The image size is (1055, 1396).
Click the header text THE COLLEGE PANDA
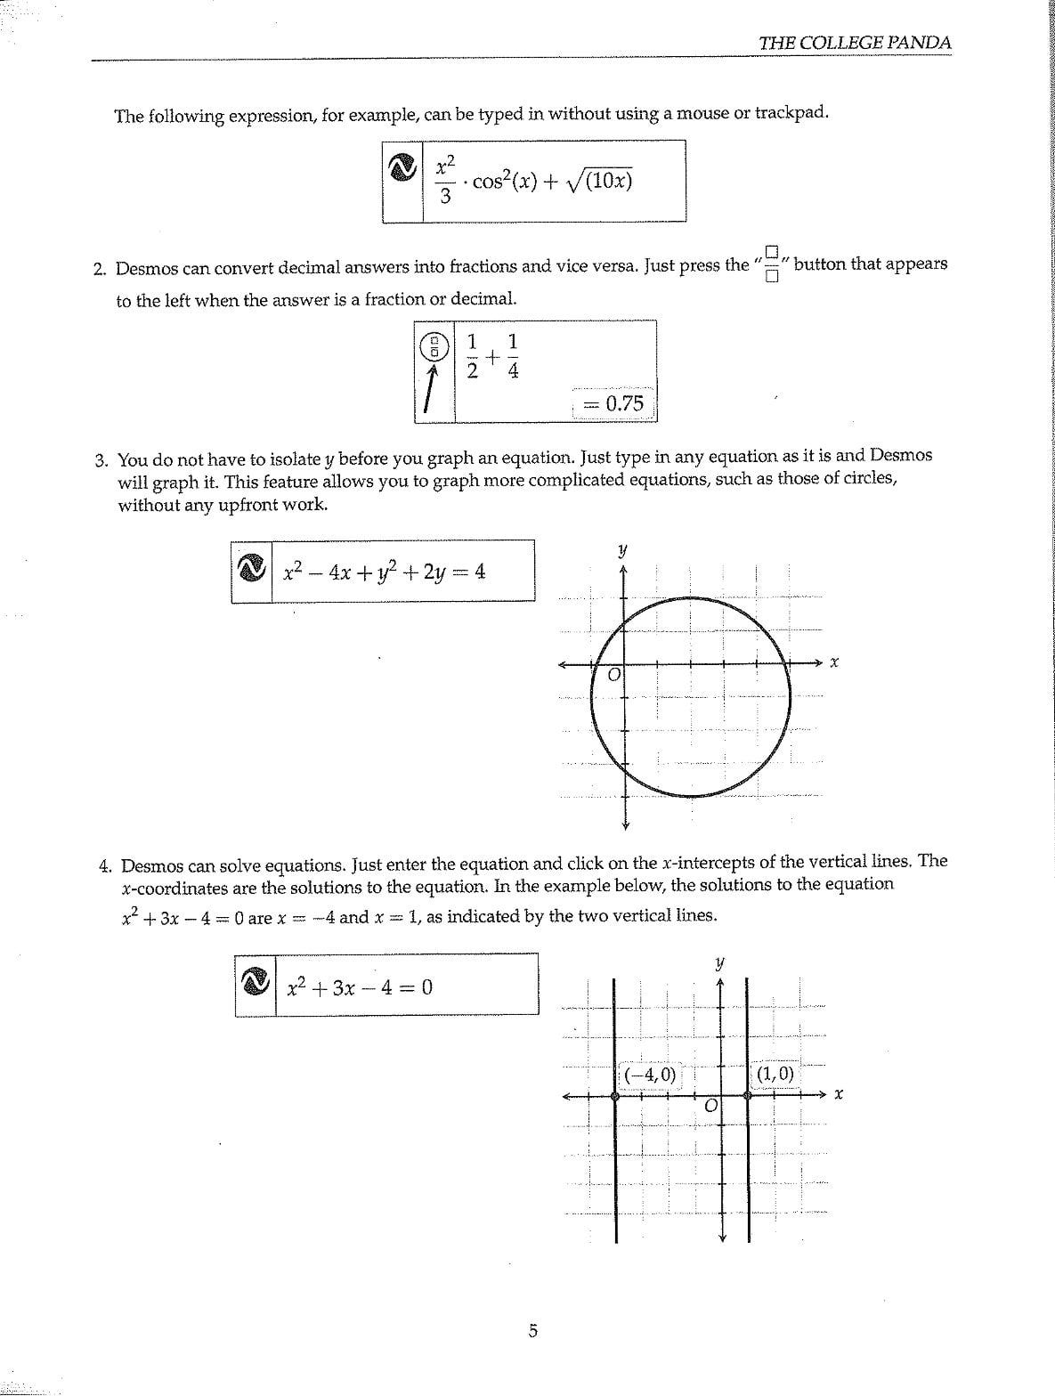(x=855, y=42)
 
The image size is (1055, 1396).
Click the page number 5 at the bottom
(x=532, y=1331)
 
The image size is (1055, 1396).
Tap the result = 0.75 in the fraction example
(x=614, y=403)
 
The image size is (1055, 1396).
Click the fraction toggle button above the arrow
(x=434, y=345)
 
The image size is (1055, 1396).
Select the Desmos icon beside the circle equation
(x=252, y=571)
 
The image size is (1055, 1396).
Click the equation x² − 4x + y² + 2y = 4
(x=384, y=572)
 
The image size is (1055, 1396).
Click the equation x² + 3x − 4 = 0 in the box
(x=360, y=986)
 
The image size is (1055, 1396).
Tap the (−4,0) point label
(x=649, y=1075)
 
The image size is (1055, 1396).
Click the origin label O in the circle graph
(x=613, y=677)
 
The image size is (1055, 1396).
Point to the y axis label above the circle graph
(x=623, y=549)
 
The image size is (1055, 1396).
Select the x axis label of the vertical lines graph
(x=838, y=1095)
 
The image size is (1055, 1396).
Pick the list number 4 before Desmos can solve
(x=105, y=865)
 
